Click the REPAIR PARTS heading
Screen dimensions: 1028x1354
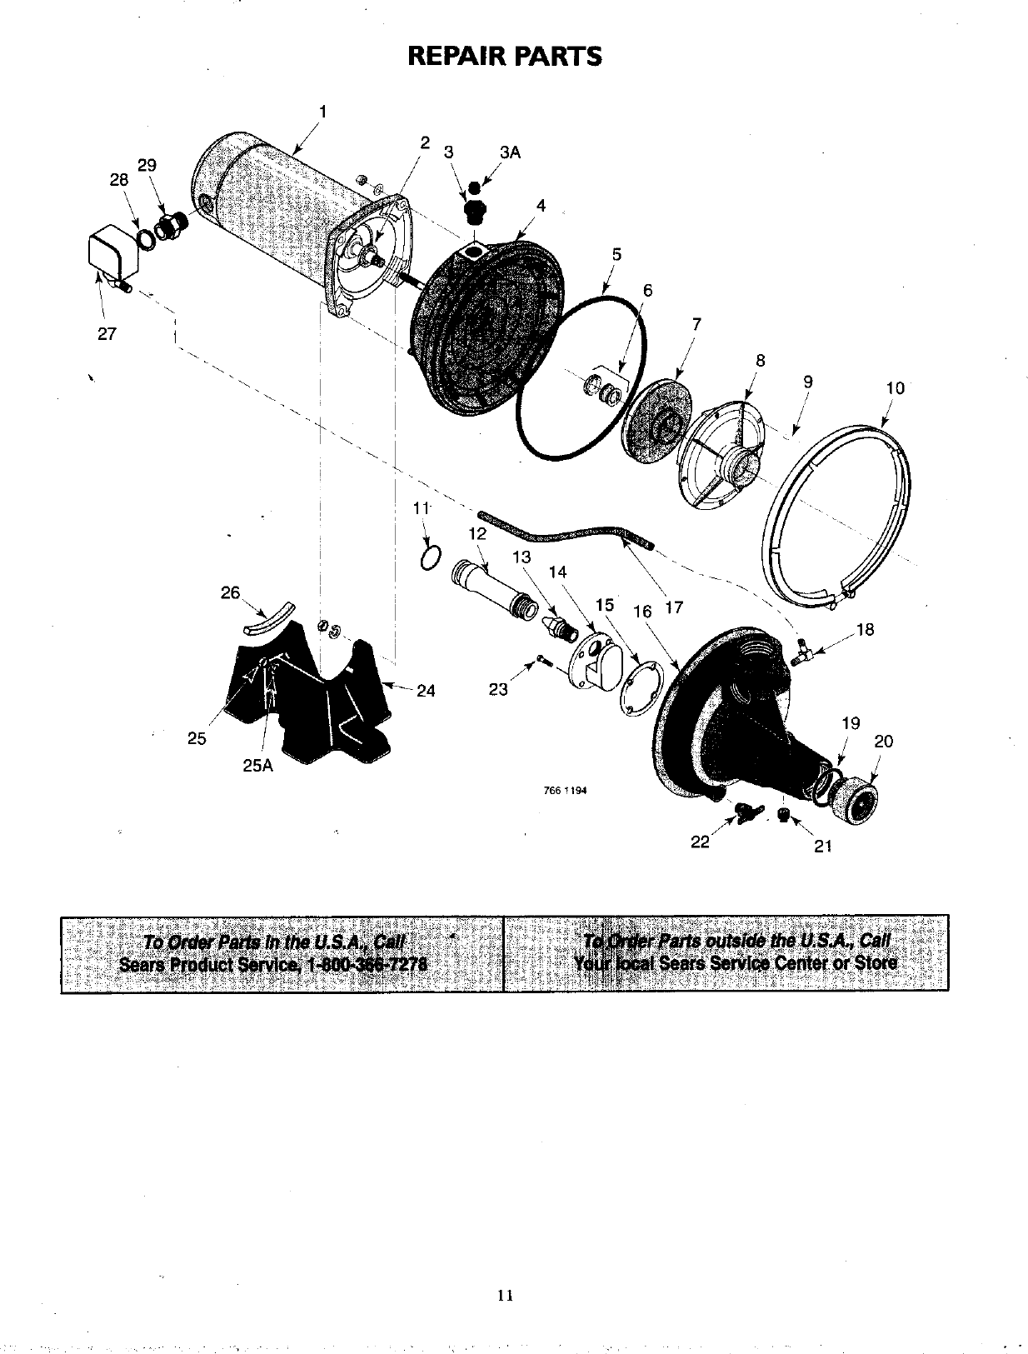pos(504,57)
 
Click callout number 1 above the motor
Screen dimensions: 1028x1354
pos(323,111)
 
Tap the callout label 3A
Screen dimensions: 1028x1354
pos(509,152)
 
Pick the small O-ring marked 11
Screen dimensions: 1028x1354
pos(430,558)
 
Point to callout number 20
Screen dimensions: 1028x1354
pos(884,742)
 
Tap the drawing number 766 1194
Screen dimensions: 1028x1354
pos(564,791)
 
